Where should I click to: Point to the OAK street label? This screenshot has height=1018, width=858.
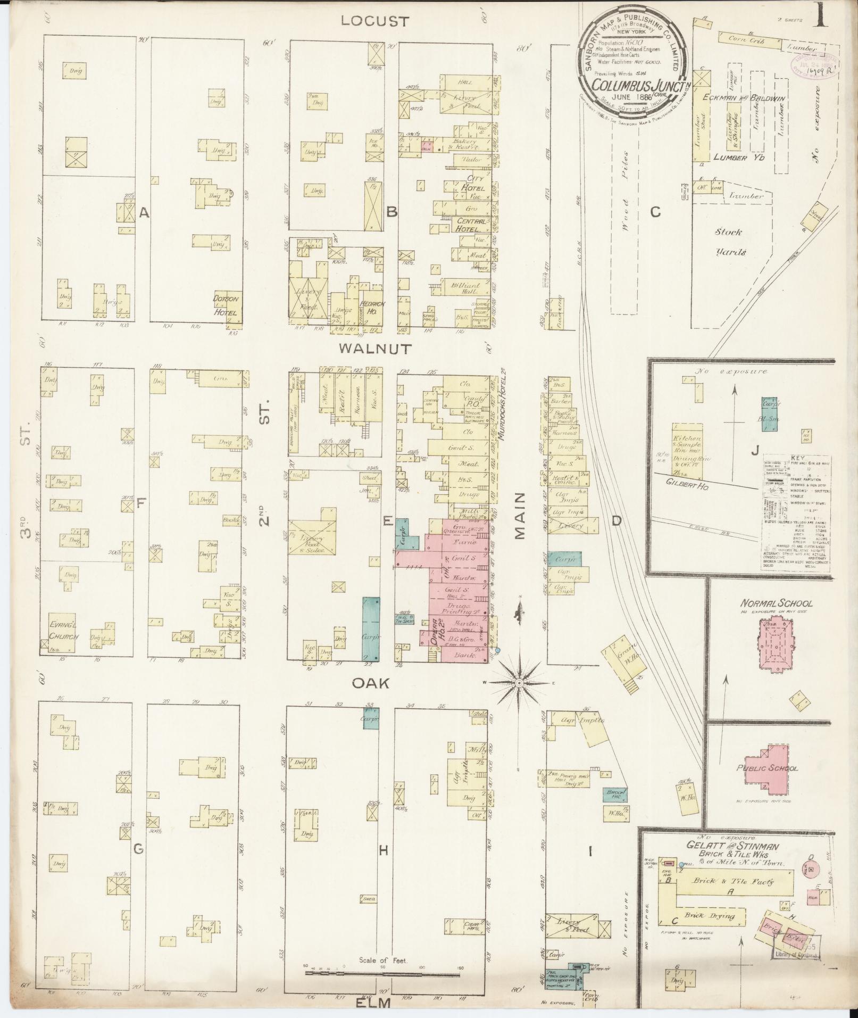377,683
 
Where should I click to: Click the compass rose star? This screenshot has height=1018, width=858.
520,682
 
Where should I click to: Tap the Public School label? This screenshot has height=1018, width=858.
767,768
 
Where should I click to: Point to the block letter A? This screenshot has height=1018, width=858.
143,213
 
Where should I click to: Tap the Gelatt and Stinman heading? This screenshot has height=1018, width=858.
733,846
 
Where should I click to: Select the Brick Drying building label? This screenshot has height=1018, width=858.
710,916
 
